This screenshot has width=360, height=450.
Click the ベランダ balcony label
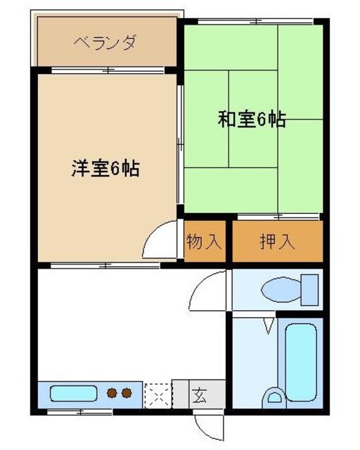(x=105, y=43)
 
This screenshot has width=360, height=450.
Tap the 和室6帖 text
(x=251, y=120)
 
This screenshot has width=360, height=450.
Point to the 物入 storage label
(x=204, y=243)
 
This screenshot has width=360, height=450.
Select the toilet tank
(x=309, y=289)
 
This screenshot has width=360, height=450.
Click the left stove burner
(x=112, y=392)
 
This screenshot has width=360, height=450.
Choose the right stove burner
(x=127, y=392)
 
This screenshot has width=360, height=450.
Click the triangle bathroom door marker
(x=269, y=326)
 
